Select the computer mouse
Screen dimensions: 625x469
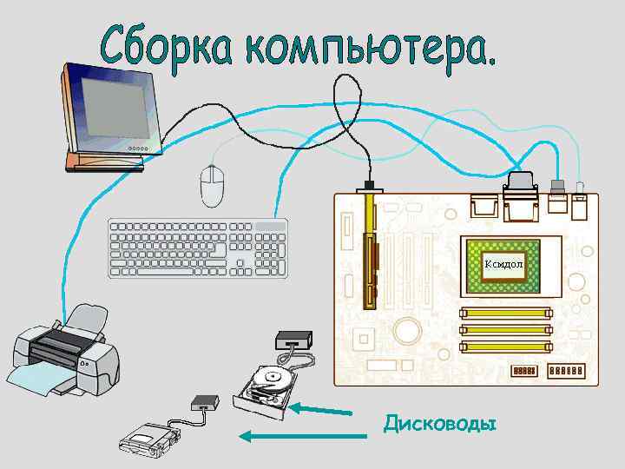click(x=212, y=184)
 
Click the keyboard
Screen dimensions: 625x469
click(x=198, y=248)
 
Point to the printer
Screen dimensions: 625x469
click(x=66, y=353)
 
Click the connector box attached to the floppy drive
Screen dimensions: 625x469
click(x=205, y=402)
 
